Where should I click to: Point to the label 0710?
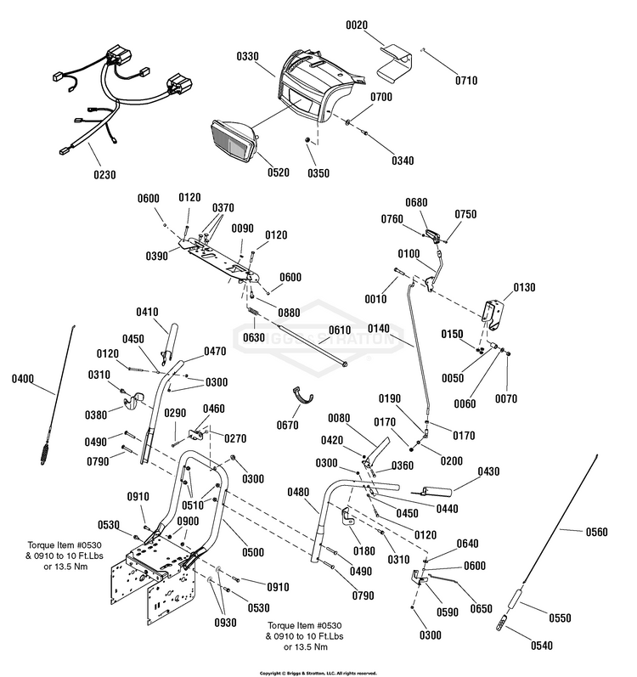pyautogui.click(x=465, y=81)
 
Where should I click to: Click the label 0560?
pyautogui.click(x=596, y=533)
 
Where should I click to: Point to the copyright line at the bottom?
pyautogui.click(x=318, y=671)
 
